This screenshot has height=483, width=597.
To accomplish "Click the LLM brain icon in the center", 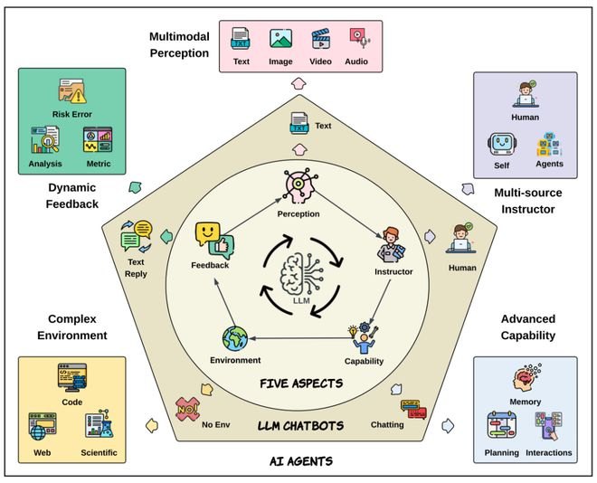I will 299,274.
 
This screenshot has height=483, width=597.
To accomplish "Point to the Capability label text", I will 365,361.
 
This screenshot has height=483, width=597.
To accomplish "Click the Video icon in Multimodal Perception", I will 320,40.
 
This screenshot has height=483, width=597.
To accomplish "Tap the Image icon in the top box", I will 281,40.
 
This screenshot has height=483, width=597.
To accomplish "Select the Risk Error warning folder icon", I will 72,91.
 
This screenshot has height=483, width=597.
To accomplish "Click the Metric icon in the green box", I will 97,139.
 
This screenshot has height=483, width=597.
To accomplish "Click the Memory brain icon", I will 526,378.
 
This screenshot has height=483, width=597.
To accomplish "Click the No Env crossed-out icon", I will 187,408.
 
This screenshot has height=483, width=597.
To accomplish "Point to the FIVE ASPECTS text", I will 302,383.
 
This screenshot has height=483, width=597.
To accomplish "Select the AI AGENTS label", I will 301,460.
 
